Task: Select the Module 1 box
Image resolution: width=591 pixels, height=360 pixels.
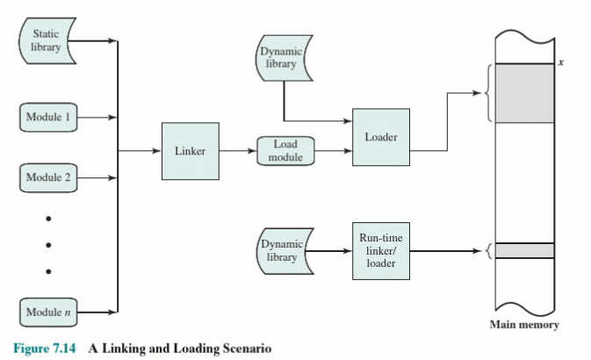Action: point(49,117)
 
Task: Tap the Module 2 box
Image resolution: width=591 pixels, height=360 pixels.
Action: point(49,178)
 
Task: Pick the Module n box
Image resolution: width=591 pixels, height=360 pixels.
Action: point(49,313)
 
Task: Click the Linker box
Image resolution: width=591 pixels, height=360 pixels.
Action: point(190,151)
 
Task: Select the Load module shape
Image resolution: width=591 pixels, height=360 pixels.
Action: point(285,151)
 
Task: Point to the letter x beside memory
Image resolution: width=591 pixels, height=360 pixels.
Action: point(559,63)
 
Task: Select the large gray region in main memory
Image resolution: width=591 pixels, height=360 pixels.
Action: point(525,92)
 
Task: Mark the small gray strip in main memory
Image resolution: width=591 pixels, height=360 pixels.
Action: point(525,251)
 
